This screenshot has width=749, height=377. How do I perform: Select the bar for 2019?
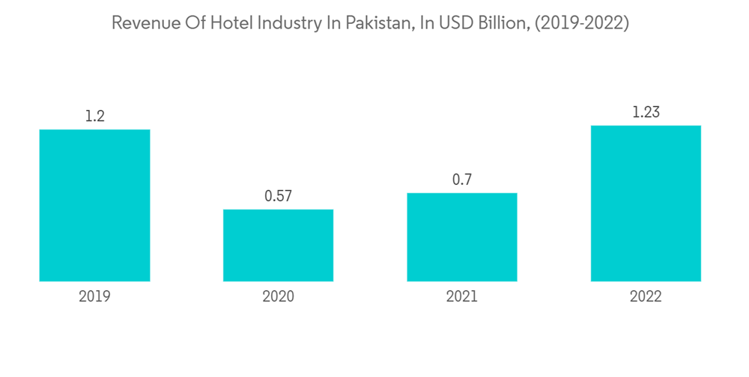94,205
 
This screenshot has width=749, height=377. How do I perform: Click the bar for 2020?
278,245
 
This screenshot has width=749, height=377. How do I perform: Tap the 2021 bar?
462,236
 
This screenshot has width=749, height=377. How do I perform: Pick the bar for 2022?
646,203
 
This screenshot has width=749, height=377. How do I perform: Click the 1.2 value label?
94,116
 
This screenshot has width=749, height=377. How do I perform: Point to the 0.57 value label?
278,196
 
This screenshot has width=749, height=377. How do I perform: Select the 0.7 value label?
462,180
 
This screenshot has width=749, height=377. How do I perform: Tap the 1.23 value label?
646,112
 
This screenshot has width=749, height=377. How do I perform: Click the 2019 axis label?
94,296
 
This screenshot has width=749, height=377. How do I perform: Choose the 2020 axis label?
278,296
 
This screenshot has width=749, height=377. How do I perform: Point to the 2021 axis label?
462,296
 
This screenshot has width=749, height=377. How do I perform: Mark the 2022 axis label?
646,296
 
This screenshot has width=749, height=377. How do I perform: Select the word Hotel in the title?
231,23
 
